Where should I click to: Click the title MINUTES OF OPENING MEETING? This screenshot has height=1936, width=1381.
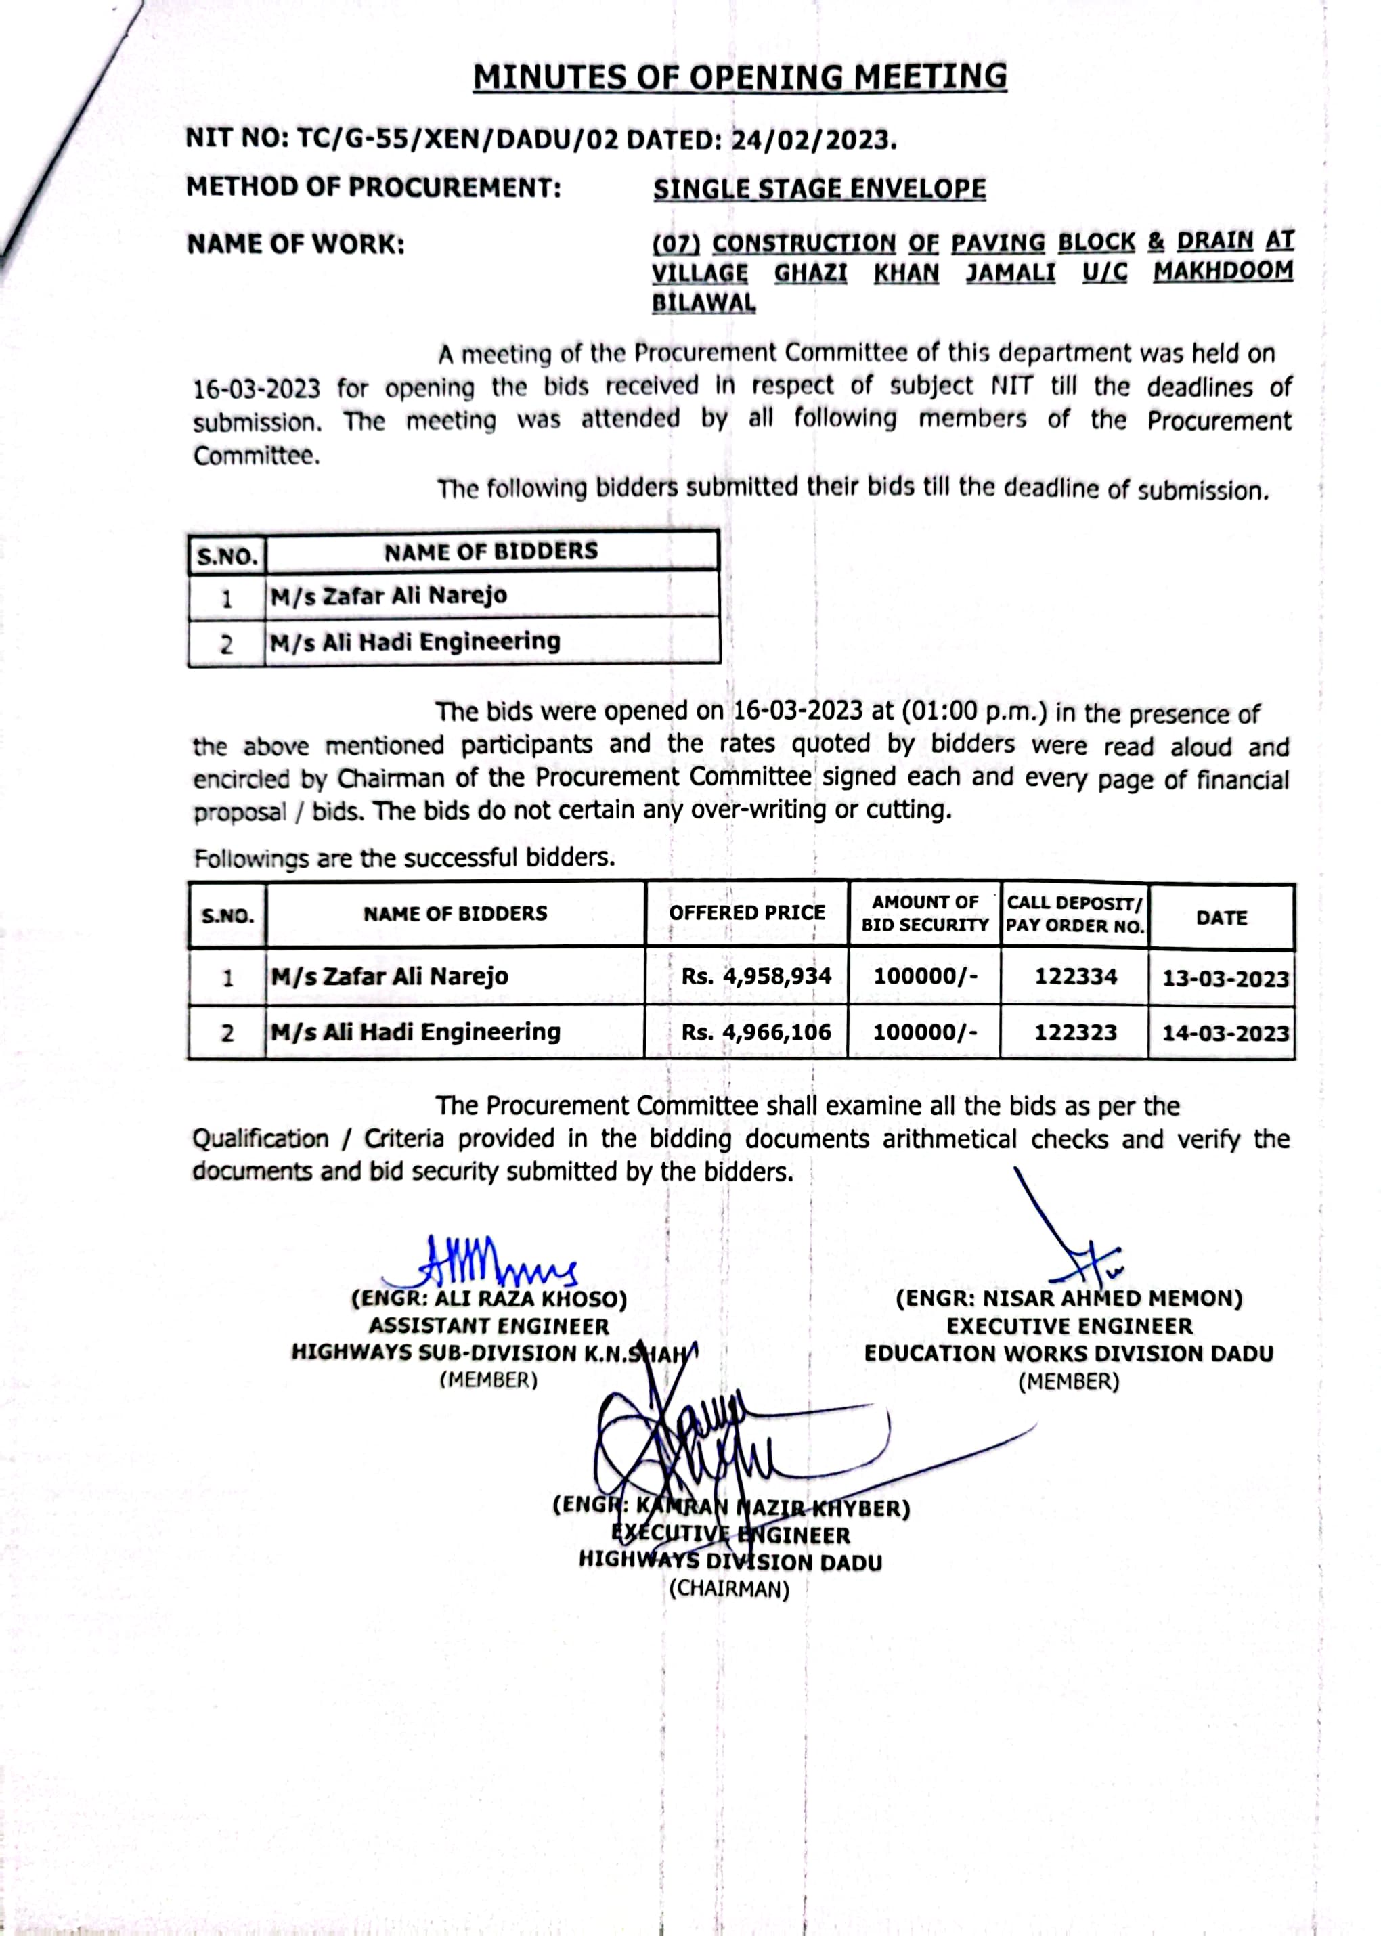pyautogui.click(x=740, y=77)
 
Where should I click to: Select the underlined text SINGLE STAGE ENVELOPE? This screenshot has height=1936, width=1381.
pyautogui.click(x=819, y=189)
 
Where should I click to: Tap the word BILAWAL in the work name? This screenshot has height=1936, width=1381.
pyautogui.click(x=703, y=303)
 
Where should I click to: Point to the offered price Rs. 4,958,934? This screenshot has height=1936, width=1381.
pyautogui.click(x=755, y=976)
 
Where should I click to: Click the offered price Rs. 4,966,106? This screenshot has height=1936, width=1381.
pyautogui.click(x=755, y=1032)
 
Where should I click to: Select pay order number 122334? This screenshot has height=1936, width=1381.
pyautogui.click(x=1075, y=976)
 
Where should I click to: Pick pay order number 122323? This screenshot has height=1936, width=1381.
pyautogui.click(x=1075, y=1032)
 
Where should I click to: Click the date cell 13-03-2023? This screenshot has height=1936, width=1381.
pyautogui.click(x=1225, y=977)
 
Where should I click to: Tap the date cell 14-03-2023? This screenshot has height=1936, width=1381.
pyautogui.click(x=1225, y=1033)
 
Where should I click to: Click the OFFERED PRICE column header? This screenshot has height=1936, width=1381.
pyautogui.click(x=747, y=913)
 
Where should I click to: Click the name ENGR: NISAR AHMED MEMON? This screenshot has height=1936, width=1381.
pyautogui.click(x=1069, y=1299)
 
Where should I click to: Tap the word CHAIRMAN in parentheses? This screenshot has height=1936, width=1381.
pyautogui.click(x=729, y=1589)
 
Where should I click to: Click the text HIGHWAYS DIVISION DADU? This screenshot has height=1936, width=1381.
pyautogui.click(x=730, y=1562)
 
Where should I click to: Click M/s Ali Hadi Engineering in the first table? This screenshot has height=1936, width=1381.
pyautogui.click(x=415, y=642)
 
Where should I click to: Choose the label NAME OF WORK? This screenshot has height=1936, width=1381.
pyautogui.click(x=295, y=245)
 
